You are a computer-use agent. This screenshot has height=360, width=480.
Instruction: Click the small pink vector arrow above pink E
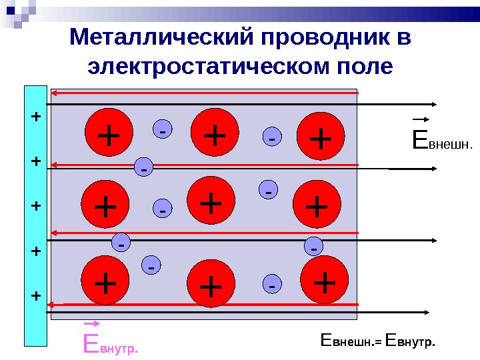(x=91, y=326)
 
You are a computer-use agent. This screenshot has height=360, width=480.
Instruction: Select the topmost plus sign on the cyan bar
(x=36, y=116)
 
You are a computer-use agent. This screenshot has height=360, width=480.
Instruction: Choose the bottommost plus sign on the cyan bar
(x=36, y=295)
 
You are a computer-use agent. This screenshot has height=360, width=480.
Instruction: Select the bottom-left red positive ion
(x=105, y=282)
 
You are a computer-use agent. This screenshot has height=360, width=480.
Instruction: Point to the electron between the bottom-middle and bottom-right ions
(x=271, y=285)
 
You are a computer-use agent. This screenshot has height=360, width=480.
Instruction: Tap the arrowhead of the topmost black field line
(x=434, y=104)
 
